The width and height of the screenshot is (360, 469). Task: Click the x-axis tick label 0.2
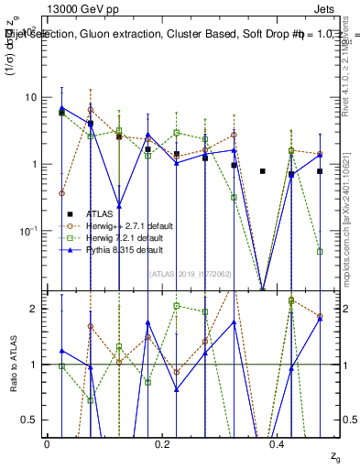pyautogui.click(x=162, y=442)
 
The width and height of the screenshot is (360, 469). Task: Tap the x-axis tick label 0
pyautogui.click(x=48, y=442)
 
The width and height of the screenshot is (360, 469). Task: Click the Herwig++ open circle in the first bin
pyautogui.click(x=61, y=193)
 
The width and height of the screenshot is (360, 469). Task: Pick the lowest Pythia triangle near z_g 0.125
pyautogui.click(x=119, y=205)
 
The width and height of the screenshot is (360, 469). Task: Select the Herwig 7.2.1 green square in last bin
pyautogui.click(x=320, y=251)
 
